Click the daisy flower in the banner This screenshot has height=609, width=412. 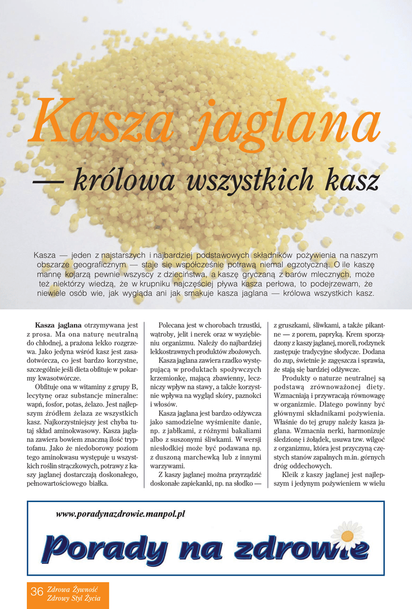coord(347,535)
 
